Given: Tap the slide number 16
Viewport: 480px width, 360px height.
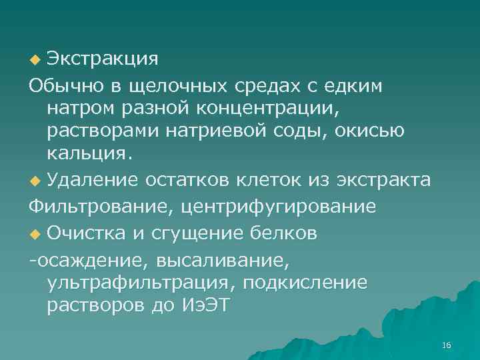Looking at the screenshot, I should [x=446, y=345].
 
